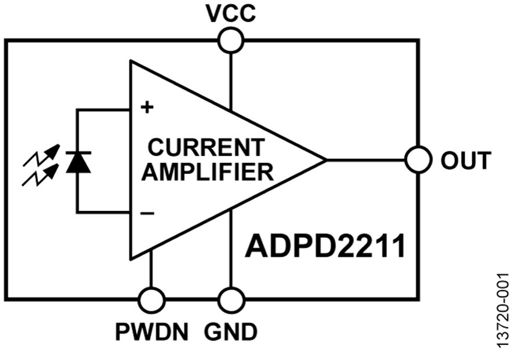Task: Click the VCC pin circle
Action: tap(231, 41)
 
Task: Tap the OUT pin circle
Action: tap(418, 159)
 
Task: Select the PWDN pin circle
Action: tap(153, 301)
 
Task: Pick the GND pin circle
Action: tap(231, 301)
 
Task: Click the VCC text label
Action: tap(231, 13)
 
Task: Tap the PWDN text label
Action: tap(152, 332)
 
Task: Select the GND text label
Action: tap(231, 332)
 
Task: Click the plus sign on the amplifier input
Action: tap(148, 107)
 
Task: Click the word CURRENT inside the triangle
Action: tap(206, 148)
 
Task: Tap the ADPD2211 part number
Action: tap(324, 246)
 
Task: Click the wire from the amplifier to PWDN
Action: tap(153, 270)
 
